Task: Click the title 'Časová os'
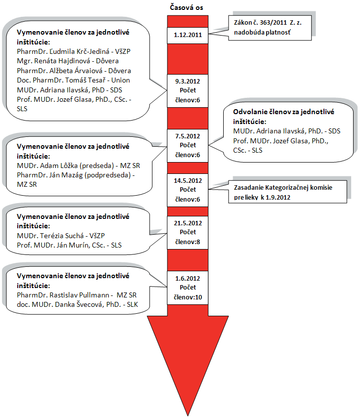(187, 7)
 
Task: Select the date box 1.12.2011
(188, 35)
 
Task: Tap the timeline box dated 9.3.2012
(188, 91)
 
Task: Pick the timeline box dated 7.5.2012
(188, 146)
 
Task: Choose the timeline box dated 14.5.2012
(188, 190)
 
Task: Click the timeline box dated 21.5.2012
(188, 232)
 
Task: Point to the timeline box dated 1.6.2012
(188, 288)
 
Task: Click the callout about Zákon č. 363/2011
(270, 28)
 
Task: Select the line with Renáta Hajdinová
(68, 61)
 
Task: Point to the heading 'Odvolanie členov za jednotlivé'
(283, 112)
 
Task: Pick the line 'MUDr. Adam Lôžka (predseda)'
(65, 166)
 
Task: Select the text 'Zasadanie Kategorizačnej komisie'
(283, 187)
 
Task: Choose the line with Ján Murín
(69, 245)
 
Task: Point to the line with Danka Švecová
(77, 304)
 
